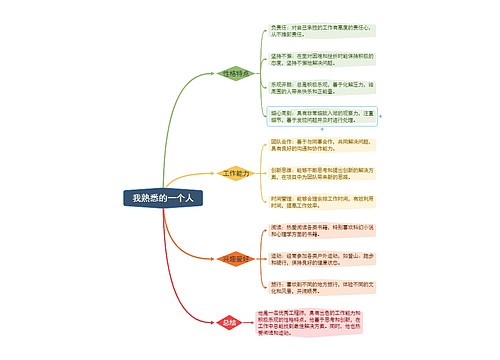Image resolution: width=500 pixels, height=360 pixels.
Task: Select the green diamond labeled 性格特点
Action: pyautogui.click(x=236, y=73)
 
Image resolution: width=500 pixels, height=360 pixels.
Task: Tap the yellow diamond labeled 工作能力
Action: pyautogui.click(x=235, y=173)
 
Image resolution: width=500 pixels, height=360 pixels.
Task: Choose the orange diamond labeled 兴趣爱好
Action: pyautogui.click(x=236, y=258)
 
